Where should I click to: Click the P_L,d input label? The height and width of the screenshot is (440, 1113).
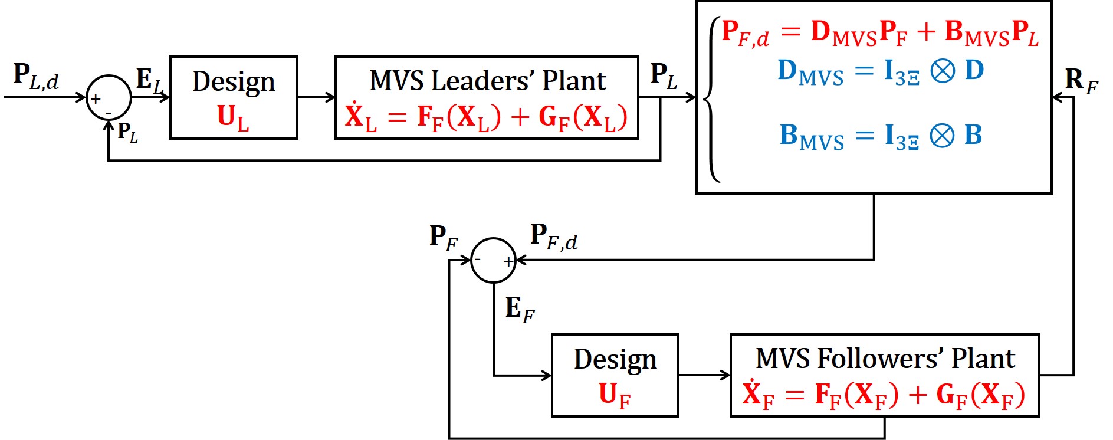click(35, 77)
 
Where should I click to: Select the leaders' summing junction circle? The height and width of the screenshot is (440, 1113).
click(109, 98)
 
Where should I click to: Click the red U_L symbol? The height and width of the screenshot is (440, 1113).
click(233, 117)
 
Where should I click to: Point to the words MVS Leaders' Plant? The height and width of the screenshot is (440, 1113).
click(487, 80)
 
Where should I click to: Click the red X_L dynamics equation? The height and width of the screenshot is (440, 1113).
click(486, 117)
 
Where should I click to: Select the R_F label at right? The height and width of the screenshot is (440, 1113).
click(1081, 81)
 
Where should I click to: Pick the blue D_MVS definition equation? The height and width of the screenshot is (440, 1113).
click(880, 71)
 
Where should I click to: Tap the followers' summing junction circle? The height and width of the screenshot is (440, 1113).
click(493, 260)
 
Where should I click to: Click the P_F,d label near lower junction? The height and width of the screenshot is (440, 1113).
click(553, 237)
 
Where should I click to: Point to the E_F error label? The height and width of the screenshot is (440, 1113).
click(520, 309)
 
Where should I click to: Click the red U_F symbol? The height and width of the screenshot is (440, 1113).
click(615, 395)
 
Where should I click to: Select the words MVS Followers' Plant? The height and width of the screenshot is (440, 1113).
click(885, 359)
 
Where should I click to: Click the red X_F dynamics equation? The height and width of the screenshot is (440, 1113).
click(884, 395)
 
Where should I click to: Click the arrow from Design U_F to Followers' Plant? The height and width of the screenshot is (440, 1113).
click(704, 375)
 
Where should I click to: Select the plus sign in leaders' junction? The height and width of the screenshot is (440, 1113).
click(96, 99)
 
